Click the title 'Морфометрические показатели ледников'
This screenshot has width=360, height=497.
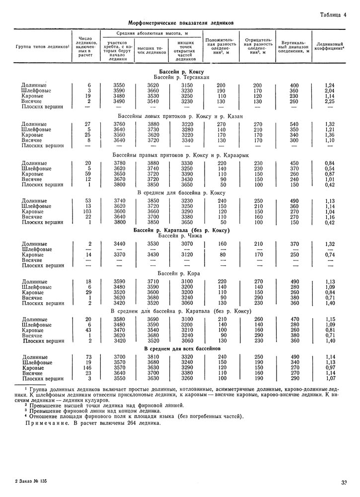click(x=181, y=22)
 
